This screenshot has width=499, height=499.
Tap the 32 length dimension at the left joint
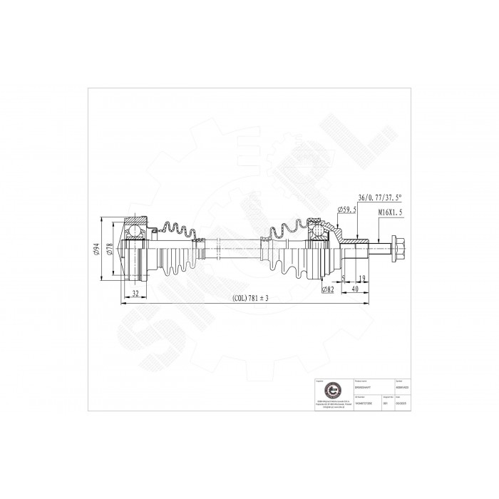tap(135, 292)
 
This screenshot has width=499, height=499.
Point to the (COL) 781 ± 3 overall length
tap(249, 298)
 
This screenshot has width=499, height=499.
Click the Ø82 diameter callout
tap(329, 289)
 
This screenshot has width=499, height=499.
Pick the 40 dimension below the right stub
tap(355, 289)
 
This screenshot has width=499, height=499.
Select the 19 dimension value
tap(362, 278)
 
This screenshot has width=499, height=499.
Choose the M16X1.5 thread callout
tap(390, 212)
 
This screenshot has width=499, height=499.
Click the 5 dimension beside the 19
tap(344, 278)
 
